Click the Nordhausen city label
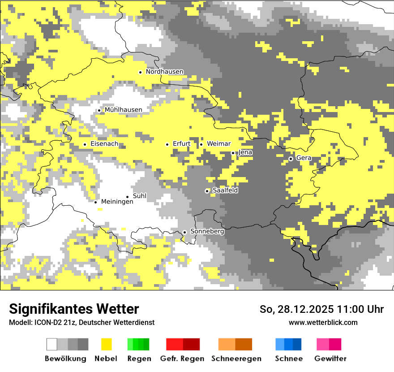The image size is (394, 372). [164, 72]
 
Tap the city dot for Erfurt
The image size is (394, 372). [167, 144]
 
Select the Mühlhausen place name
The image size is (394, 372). [123, 110]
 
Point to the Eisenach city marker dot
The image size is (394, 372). [85, 144]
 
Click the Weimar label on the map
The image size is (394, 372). [218, 144]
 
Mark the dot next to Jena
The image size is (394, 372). [233, 153]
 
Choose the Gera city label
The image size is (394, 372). [304, 158]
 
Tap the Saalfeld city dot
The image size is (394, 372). [207, 191]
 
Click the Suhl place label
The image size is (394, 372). [140, 196]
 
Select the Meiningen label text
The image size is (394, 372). [117, 202]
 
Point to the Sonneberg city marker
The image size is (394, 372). [184, 232]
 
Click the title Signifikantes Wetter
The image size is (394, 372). [74, 309]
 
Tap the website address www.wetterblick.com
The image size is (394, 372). [323, 322]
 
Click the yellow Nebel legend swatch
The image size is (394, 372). [106, 344]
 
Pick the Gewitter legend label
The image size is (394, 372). [330, 359]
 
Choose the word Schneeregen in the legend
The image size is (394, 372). [236, 359]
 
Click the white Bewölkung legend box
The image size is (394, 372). [52, 344]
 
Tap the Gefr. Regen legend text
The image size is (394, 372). [182, 359]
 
